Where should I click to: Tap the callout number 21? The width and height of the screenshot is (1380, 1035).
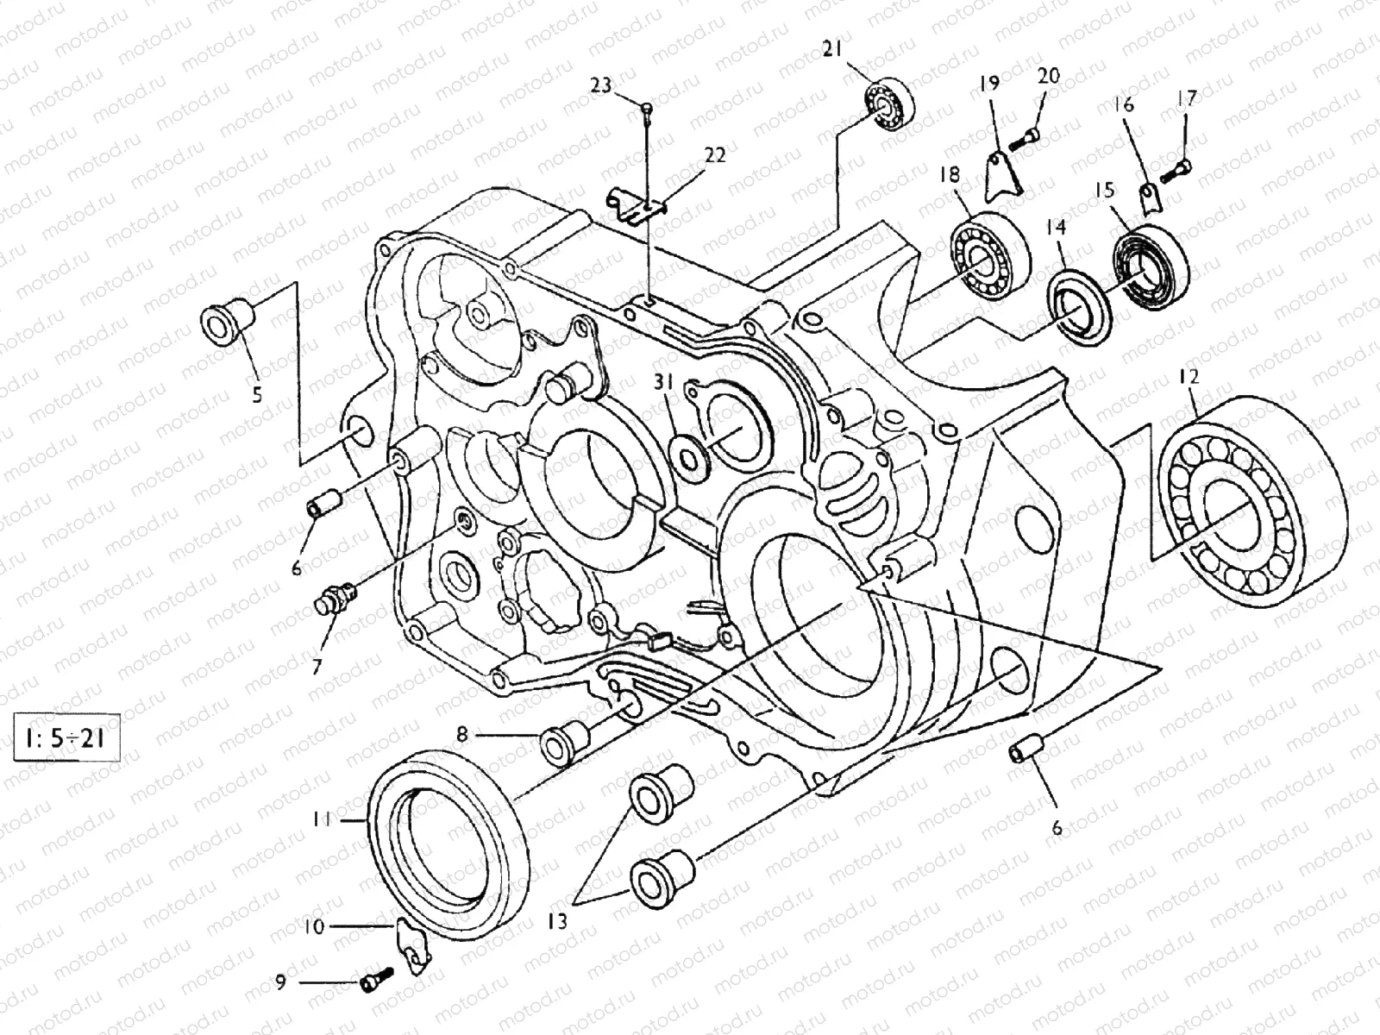pos(831,51)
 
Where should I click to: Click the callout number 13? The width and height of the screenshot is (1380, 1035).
pos(558,922)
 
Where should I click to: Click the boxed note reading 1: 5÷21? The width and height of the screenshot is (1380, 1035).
pos(66,739)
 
